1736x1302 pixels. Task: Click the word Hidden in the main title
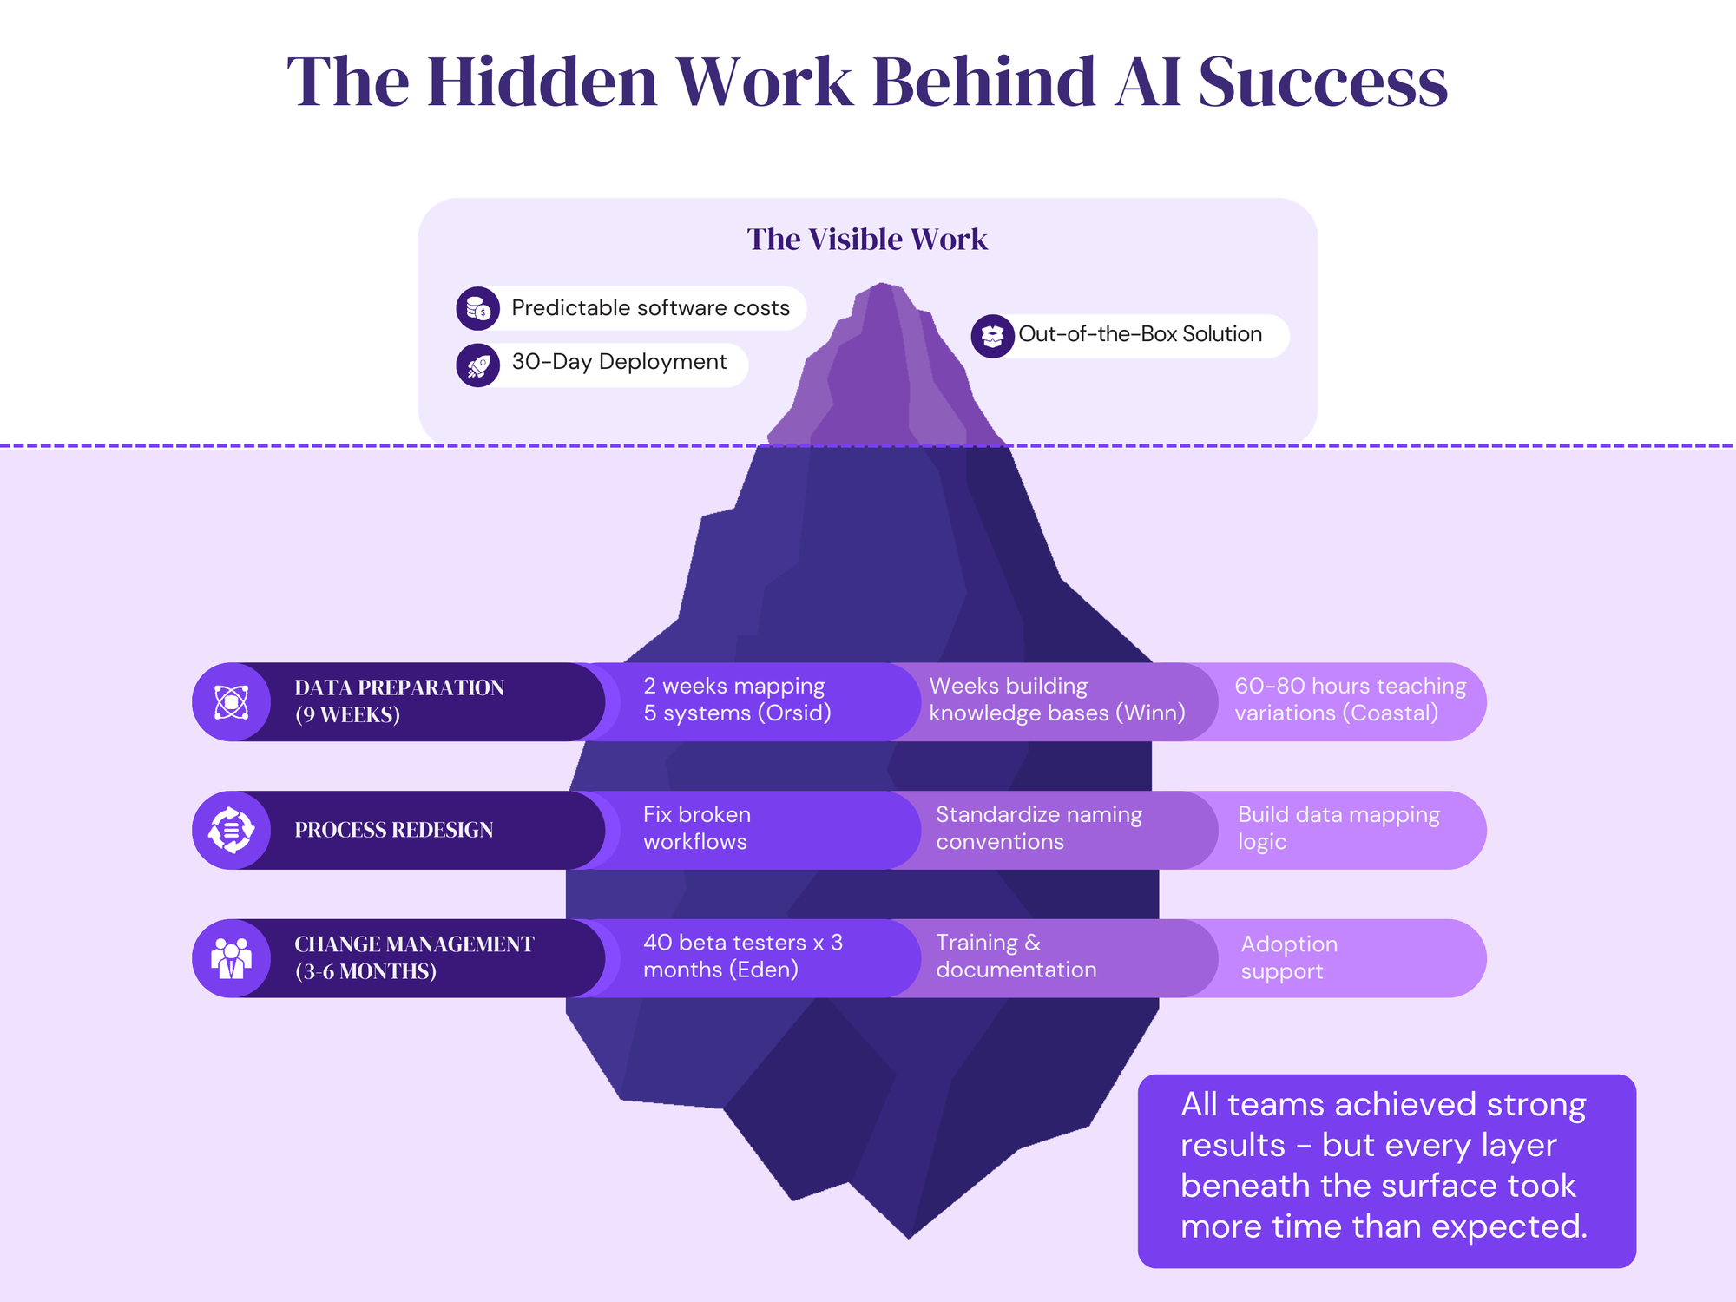point(542,82)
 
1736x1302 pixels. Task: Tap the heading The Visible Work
point(867,240)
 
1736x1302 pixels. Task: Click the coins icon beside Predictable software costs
point(477,308)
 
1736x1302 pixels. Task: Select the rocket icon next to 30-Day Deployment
point(477,365)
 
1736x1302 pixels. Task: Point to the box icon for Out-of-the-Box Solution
point(992,336)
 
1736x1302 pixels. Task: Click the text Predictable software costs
point(650,308)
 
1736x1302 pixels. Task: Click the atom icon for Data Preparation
point(231,702)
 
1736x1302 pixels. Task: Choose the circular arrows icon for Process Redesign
point(231,830)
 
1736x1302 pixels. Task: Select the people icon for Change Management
point(231,958)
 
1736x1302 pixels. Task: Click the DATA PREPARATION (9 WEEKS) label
point(399,701)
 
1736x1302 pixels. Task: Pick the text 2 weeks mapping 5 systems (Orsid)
point(736,700)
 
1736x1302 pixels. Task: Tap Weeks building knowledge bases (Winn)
point(1056,700)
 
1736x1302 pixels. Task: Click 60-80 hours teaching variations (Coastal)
point(1350,700)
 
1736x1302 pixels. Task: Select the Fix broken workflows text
point(696,828)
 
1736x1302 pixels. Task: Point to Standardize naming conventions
point(1038,828)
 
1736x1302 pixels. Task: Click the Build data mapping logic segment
point(1338,828)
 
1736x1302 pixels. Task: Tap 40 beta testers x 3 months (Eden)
point(742,957)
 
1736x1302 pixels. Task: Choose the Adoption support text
point(1289,957)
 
